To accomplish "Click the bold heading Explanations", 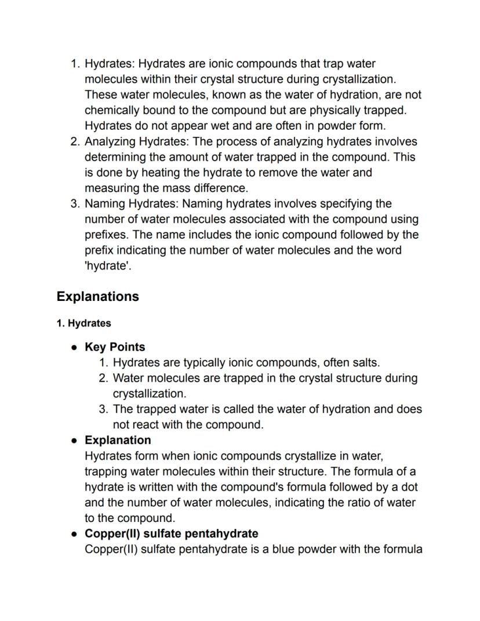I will coord(97,296).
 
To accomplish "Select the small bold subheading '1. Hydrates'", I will coord(83,324).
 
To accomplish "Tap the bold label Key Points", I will coord(115,347).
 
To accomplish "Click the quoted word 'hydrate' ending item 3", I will coord(104,267).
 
